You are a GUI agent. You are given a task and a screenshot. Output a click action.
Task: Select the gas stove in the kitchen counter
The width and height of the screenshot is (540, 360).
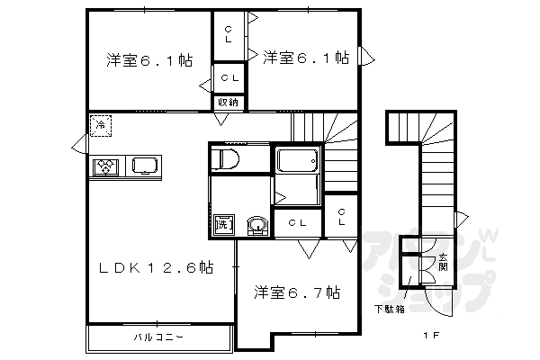(x=106, y=166)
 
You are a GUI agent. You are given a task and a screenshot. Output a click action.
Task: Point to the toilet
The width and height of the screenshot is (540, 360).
(x=227, y=160)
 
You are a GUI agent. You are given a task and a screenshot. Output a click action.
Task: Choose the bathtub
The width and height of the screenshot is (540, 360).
(x=297, y=163)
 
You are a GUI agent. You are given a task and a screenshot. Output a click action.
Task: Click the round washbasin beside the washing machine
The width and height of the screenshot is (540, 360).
(x=257, y=224)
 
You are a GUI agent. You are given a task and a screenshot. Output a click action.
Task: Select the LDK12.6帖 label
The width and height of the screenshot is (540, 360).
(x=156, y=266)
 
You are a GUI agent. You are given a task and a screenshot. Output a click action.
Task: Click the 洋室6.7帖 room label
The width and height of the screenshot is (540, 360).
(x=295, y=292)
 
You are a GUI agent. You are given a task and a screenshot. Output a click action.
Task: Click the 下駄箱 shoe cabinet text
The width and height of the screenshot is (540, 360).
(x=389, y=309)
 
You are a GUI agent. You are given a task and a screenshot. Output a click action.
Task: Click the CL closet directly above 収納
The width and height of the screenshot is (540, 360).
(x=229, y=78)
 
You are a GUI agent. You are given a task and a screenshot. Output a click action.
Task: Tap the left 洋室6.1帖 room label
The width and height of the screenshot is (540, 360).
(x=148, y=60)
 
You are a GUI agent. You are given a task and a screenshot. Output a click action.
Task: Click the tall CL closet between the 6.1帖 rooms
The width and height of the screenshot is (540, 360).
(x=228, y=34)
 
